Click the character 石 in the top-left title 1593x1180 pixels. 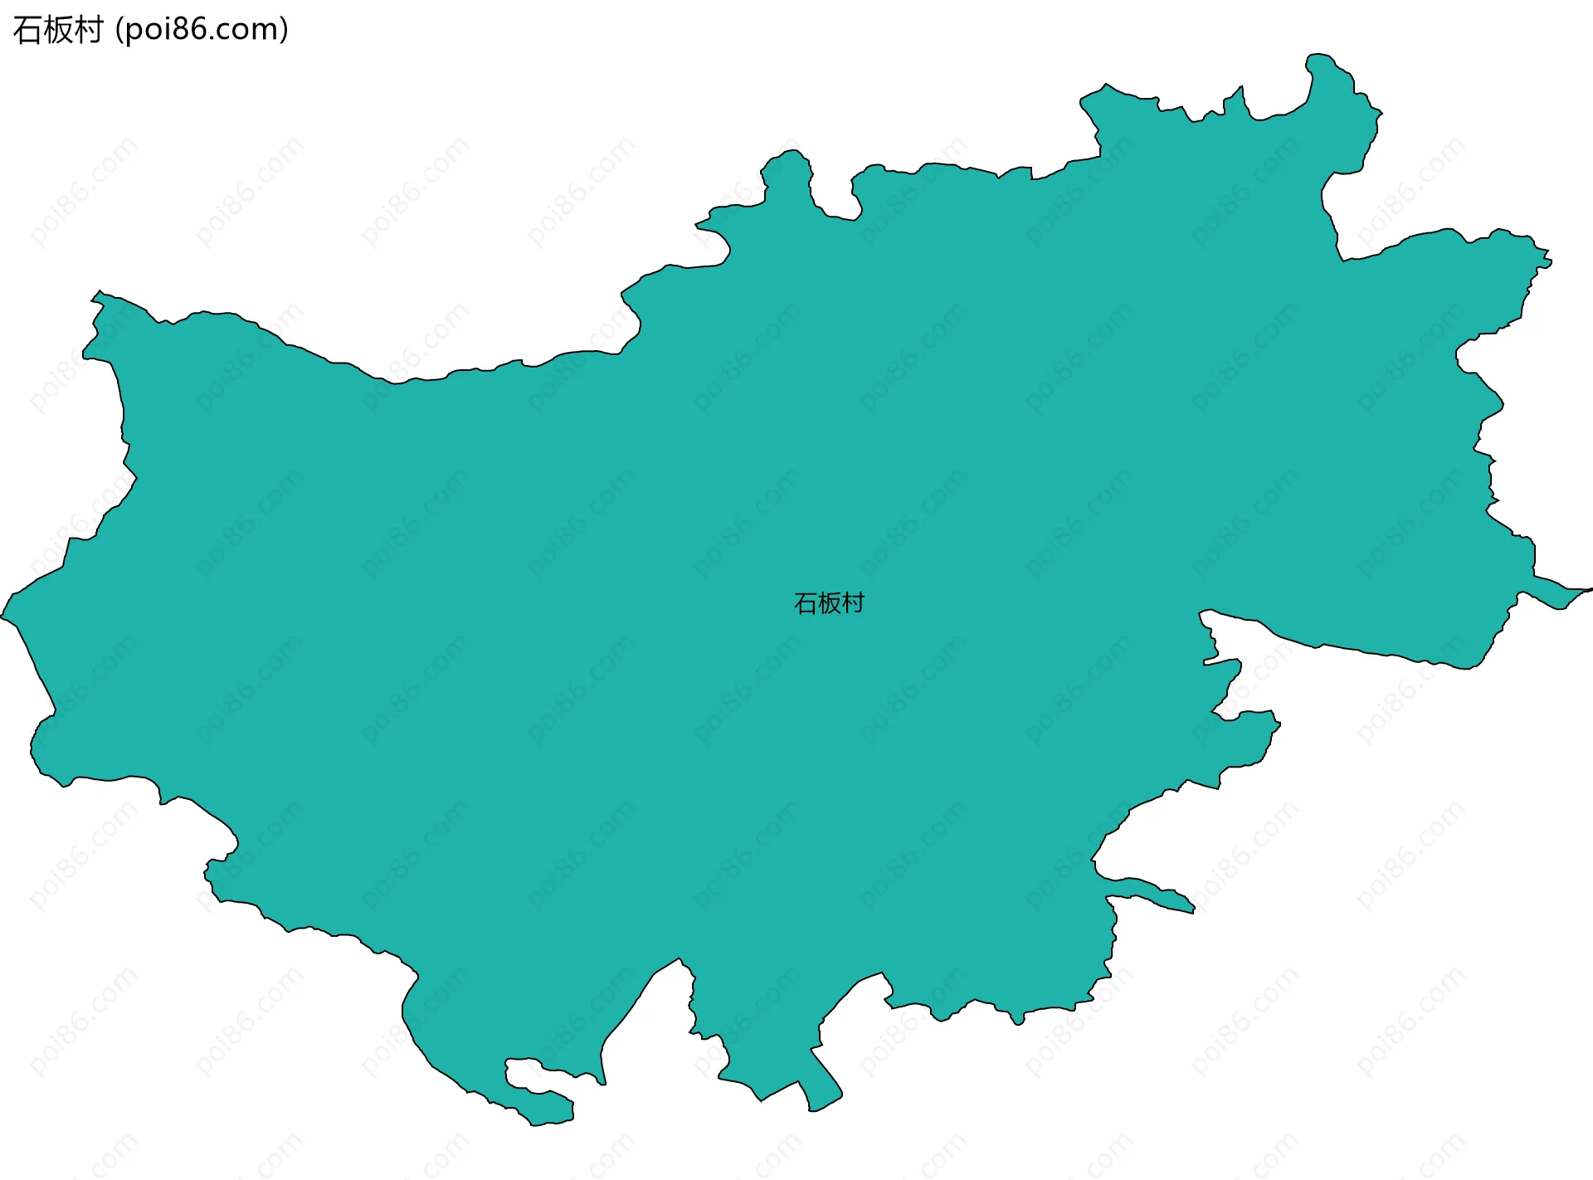click(x=27, y=30)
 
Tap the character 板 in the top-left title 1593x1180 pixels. click(x=58, y=30)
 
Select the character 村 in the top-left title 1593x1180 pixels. click(x=88, y=30)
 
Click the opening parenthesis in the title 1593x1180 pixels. click(x=119, y=31)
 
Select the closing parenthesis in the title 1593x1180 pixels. click(x=285, y=31)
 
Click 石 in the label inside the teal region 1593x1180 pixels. click(x=806, y=603)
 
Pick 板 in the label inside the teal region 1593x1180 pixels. click(x=829, y=603)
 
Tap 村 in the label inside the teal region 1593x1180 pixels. click(x=853, y=603)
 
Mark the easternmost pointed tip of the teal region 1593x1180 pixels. click(x=1589, y=590)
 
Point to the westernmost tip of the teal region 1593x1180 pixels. click(x=3, y=617)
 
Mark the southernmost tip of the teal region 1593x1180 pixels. click(x=539, y=1124)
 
